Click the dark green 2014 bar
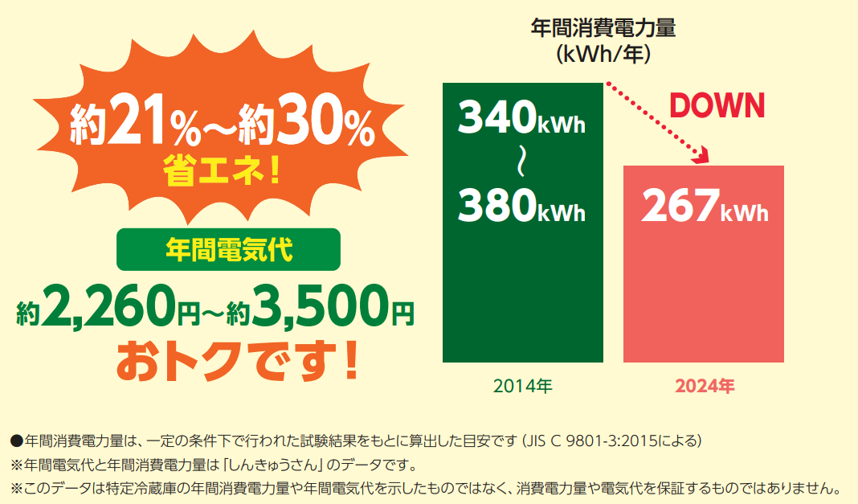pos(522,223)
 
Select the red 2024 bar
pos(703,264)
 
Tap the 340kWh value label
pos(521,117)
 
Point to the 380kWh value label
pos(521,205)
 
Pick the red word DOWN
pos(717,105)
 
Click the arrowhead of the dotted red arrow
pos(701,156)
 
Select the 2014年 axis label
pos(522,387)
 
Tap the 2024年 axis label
pos(705,387)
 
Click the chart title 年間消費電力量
pos(603,28)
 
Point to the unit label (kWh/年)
pos(603,54)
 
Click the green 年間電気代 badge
pos(228,249)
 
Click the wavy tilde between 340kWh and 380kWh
pos(521,162)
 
